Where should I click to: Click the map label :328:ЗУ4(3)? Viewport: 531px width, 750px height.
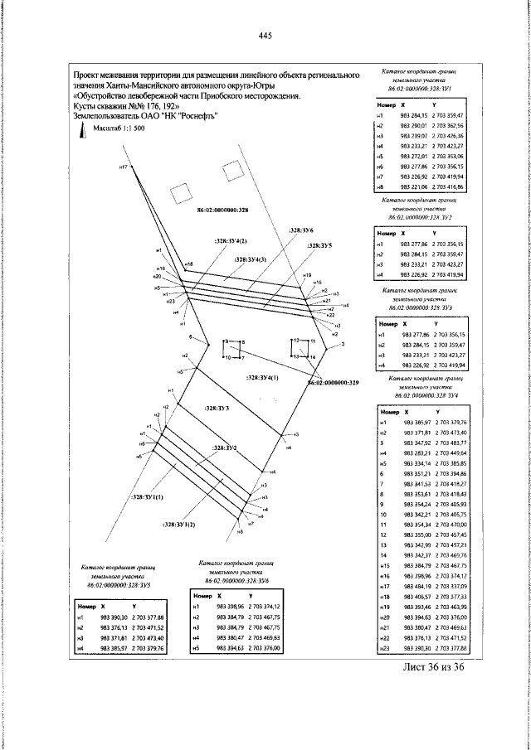250,259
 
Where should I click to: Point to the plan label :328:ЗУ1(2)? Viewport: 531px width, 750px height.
178,525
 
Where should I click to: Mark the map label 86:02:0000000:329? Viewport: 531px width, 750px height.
332,383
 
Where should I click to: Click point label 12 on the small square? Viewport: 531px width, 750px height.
294,341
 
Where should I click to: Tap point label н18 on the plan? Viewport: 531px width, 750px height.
188,264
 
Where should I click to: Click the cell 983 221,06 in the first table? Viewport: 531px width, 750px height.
412,189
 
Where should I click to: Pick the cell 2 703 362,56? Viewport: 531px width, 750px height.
449,123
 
